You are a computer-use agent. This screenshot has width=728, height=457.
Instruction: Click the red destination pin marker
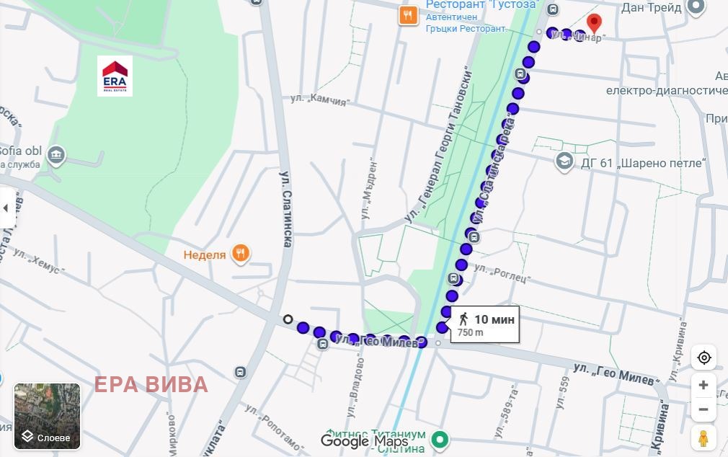(x=594, y=22)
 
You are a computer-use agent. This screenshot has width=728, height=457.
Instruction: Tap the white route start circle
(x=288, y=319)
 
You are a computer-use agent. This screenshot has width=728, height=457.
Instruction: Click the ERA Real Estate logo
(x=115, y=76)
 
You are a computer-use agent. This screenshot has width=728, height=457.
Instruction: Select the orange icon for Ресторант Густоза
(x=408, y=14)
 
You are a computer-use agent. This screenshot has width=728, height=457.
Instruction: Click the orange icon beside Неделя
(x=241, y=254)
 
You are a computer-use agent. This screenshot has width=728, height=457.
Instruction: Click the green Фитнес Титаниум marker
(x=439, y=438)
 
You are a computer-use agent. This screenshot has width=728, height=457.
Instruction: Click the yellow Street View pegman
(x=703, y=438)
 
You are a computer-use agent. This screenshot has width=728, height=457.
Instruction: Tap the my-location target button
(x=703, y=358)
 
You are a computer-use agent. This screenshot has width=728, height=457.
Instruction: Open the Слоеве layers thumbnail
(x=48, y=417)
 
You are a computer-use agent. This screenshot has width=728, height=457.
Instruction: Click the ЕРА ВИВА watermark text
(x=151, y=384)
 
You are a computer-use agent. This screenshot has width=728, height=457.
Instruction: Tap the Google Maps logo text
(x=364, y=441)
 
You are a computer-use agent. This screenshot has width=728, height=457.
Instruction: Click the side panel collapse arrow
(x=6, y=208)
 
